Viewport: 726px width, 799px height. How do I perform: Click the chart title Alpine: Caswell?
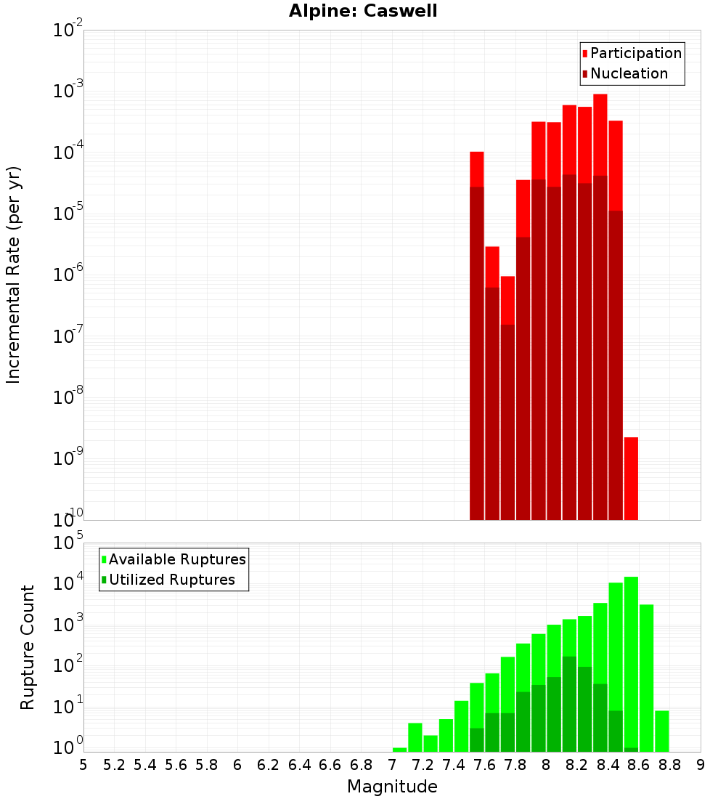click(363, 12)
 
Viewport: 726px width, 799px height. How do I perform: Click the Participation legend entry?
click(636, 53)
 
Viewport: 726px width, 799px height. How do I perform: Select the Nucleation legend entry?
click(629, 73)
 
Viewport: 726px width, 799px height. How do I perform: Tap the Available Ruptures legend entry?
click(177, 559)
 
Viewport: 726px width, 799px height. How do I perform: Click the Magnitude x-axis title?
click(392, 787)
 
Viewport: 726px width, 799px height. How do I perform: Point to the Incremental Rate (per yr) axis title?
click(13, 275)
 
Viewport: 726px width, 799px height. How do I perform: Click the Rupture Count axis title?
click(28, 647)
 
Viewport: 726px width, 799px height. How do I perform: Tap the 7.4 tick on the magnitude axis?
click(454, 765)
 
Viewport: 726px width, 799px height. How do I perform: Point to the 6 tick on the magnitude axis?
click(237, 765)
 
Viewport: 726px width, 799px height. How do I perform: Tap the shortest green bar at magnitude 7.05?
click(399, 750)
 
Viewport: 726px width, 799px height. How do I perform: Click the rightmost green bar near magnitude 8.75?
click(661, 731)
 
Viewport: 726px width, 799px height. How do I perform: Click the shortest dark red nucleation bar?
click(507, 421)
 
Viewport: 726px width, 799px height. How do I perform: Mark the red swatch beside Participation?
click(584, 54)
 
